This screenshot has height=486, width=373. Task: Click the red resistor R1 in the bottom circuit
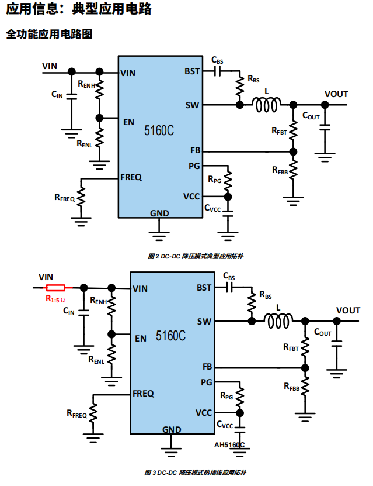(55, 288)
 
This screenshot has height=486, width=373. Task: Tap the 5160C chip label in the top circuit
(159, 130)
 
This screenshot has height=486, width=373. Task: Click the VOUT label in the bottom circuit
(348, 310)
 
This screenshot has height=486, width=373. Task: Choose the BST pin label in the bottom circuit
(204, 288)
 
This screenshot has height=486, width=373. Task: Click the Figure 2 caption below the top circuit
(196, 256)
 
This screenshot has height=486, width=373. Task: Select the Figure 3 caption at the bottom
(196, 471)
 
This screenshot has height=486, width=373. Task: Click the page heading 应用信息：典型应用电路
(78, 9)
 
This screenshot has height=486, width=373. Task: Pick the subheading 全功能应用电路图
(49, 35)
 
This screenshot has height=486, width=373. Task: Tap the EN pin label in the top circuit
(128, 122)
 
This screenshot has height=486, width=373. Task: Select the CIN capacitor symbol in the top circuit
(72, 100)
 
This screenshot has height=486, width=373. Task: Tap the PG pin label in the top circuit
(194, 166)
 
